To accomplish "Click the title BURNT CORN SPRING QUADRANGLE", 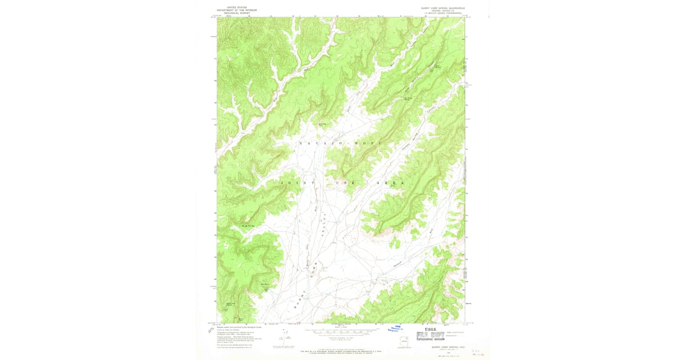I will tap(442, 8).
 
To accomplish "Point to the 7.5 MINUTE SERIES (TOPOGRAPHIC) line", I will tap(442, 13).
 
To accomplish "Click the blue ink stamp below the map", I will tap(396, 329).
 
